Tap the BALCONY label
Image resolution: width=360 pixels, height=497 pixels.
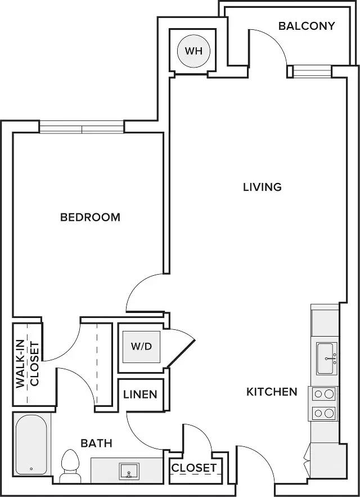(307, 26)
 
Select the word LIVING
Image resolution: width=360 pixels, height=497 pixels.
(262, 187)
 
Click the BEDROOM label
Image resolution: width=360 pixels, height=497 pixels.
(90, 217)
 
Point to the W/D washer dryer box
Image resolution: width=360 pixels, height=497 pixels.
(141, 346)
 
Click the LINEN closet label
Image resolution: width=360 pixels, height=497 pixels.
(141, 395)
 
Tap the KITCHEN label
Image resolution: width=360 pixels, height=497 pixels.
(272, 392)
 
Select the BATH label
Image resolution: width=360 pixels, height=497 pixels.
(96, 444)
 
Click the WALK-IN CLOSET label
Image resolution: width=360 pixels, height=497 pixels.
(27, 364)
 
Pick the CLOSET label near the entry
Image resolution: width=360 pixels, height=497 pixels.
(193, 468)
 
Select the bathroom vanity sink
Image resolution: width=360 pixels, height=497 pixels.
(129, 471)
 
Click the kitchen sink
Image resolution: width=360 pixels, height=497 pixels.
(326, 358)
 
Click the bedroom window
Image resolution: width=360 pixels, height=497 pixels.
(82, 129)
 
